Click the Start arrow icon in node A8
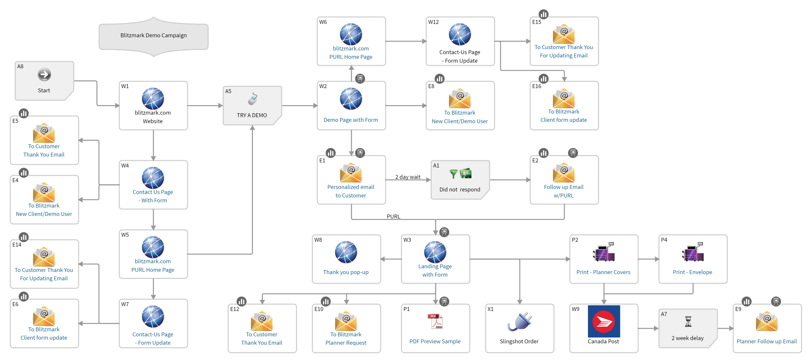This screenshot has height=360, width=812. (44, 74)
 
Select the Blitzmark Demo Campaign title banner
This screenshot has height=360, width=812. (154, 36)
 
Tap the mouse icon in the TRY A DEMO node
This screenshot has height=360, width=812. (253, 99)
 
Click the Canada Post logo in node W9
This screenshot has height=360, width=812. (604, 321)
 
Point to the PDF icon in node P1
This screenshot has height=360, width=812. (435, 321)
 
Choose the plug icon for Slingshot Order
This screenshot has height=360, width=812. (519, 322)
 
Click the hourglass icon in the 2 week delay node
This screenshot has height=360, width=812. (688, 322)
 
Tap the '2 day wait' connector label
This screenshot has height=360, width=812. (408, 177)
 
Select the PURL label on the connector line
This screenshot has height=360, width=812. (393, 216)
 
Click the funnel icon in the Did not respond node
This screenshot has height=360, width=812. (453, 174)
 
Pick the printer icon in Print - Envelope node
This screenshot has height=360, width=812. (693, 253)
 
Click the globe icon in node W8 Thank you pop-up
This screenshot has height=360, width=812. (346, 252)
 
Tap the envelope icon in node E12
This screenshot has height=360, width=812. (262, 321)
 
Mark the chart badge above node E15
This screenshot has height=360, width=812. (544, 14)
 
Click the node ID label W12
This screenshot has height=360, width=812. (433, 22)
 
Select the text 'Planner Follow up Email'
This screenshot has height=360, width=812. (767, 341)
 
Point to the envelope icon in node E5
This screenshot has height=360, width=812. (44, 133)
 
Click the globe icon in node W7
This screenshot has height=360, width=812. (153, 317)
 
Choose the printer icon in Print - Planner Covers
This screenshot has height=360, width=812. (604, 253)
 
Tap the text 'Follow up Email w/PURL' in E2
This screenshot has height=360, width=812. (564, 191)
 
